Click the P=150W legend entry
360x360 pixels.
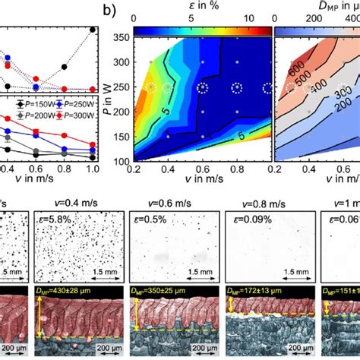[x=27, y=103]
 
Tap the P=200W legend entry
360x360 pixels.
[x=27, y=114]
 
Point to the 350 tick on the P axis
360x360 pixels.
[x=119, y=36]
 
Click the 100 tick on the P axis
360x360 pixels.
[x=119, y=161]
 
